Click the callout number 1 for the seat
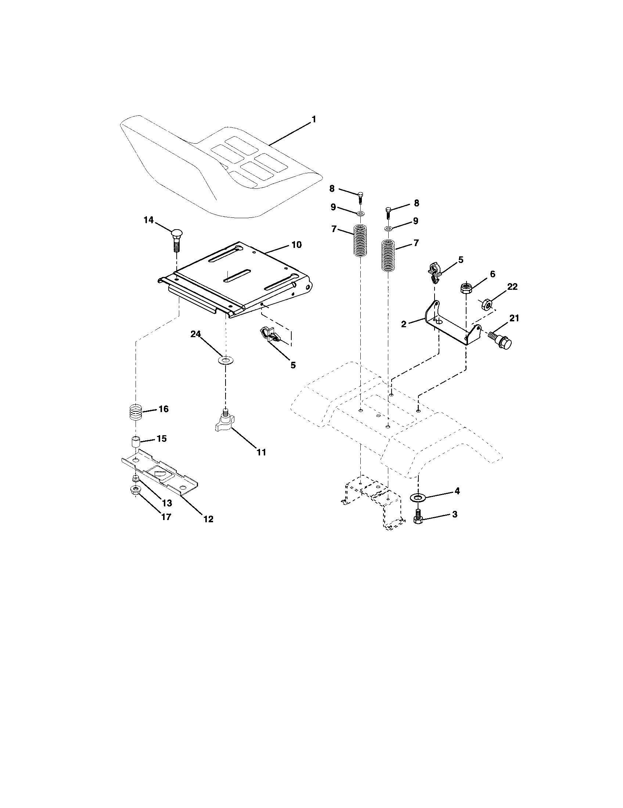(x=314, y=120)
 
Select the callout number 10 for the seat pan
(x=296, y=245)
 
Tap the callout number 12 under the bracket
(x=208, y=519)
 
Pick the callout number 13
(x=167, y=503)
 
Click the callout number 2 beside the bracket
(x=404, y=324)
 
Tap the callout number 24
(x=195, y=334)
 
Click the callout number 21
(x=514, y=318)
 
